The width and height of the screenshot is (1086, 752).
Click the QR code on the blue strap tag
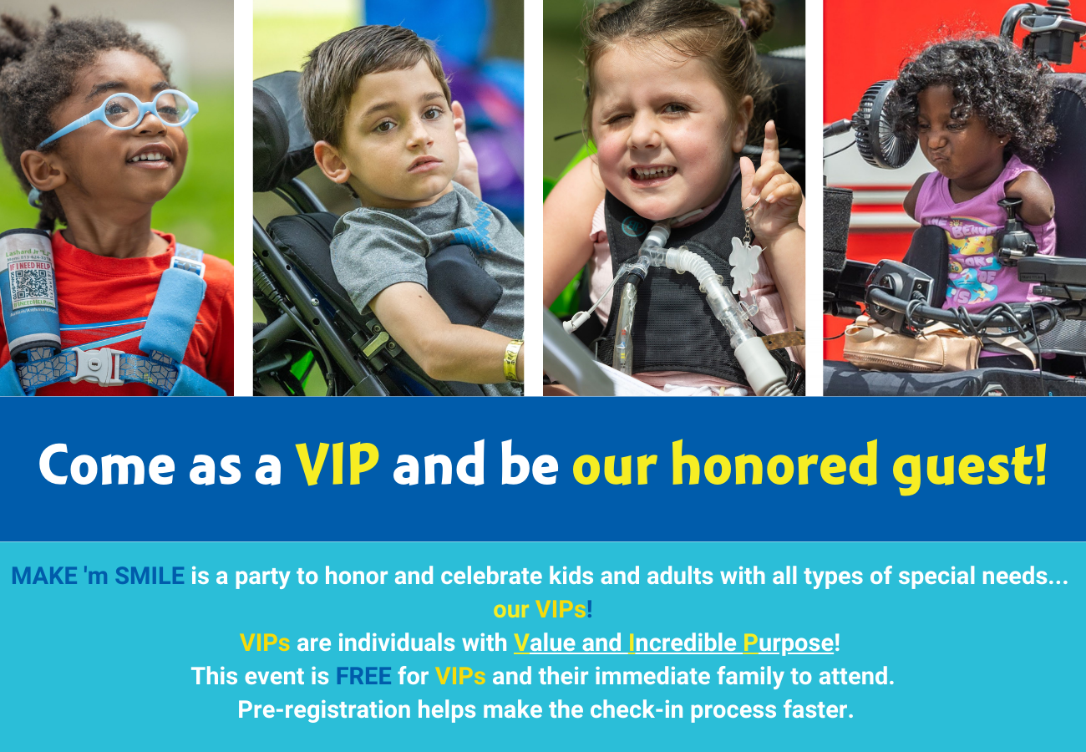(31, 285)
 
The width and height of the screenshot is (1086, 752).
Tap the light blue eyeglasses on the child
(121, 114)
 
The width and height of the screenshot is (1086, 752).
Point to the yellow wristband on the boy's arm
(513, 360)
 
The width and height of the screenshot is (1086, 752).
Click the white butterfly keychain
(744, 265)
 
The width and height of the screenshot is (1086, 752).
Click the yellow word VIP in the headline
(337, 463)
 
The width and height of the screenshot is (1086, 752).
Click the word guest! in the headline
(970, 466)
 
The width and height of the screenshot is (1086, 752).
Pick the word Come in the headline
(107, 465)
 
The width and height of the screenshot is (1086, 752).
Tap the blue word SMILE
(150, 576)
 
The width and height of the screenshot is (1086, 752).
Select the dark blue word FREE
(363, 676)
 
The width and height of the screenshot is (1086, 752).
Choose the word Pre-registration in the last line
(324, 710)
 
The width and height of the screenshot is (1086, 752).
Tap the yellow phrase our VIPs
(540, 609)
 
